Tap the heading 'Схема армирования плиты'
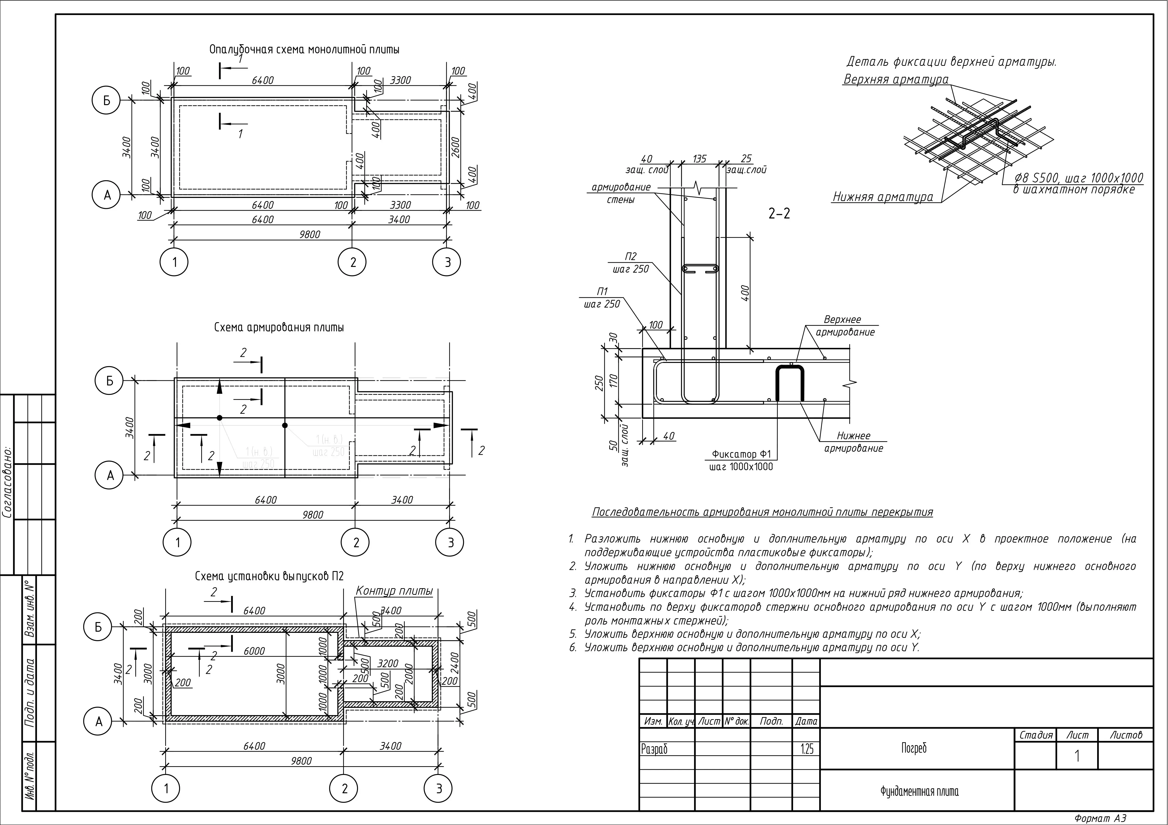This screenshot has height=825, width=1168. pyautogui.click(x=279, y=327)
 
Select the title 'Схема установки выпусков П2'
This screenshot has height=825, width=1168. pyautogui.click(x=270, y=576)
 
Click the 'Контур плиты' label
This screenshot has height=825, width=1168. pyautogui.click(x=394, y=591)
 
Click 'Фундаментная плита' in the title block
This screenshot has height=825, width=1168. pyautogui.click(x=919, y=791)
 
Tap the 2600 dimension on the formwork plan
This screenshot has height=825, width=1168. pyautogui.click(x=456, y=147)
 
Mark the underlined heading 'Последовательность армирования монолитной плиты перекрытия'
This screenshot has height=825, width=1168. pyautogui.click(x=762, y=512)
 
